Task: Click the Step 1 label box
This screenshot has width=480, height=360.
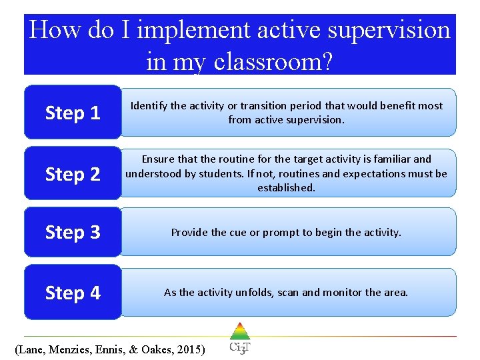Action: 73,113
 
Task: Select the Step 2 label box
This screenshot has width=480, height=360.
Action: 73,174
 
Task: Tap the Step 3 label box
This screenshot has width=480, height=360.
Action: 73,232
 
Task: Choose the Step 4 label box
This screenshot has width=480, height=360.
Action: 73,293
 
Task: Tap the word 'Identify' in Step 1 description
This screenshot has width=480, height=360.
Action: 150,106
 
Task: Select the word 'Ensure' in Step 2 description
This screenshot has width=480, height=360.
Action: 159,159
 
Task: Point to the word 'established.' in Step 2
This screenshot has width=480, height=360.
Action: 287,188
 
